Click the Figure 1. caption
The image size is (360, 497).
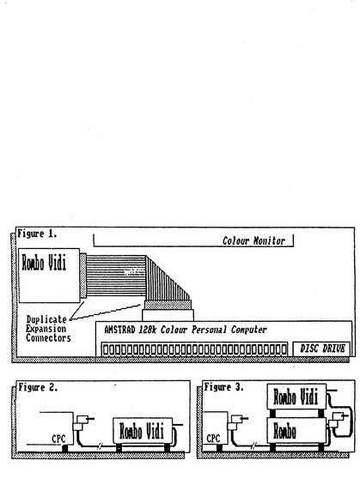[37, 234]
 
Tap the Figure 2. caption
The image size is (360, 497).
[38, 387]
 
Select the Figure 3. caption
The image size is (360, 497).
[223, 387]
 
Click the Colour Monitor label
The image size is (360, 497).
[253, 241]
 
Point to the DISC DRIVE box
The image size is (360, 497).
[321, 349]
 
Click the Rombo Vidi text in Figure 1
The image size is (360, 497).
[44, 264]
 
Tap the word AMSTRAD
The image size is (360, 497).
[119, 330]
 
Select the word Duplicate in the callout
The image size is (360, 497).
[46, 319]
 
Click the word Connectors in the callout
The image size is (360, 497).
[48, 338]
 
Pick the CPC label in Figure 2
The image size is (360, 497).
[58, 439]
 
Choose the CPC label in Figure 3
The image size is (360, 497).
[213, 439]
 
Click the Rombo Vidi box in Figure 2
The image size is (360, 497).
[143, 431]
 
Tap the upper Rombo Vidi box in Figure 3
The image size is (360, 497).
[296, 397]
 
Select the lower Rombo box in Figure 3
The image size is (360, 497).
[296, 430]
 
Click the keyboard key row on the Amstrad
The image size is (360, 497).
[194, 349]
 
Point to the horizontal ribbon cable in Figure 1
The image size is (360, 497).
[116, 276]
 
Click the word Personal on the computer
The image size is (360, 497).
[209, 330]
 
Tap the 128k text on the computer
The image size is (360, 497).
[148, 330]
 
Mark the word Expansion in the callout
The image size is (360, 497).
[46, 329]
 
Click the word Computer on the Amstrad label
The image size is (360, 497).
[248, 330]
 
